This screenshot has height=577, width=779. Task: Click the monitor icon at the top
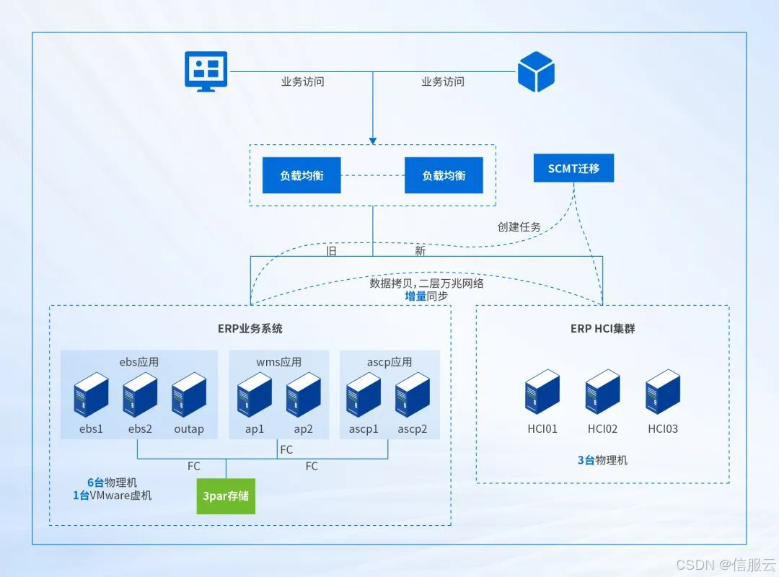(206, 71)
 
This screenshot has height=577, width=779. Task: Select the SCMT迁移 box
(573, 168)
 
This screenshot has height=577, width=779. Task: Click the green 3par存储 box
(226, 495)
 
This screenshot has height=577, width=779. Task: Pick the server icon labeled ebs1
(91, 395)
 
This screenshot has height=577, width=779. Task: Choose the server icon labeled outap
(189, 395)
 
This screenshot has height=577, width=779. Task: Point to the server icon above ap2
(304, 395)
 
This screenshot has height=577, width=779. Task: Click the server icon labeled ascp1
(364, 395)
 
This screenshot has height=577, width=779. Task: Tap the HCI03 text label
(663, 429)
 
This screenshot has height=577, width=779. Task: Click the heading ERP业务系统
(250, 329)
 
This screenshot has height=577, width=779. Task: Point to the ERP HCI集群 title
(602, 329)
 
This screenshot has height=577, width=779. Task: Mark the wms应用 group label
(278, 362)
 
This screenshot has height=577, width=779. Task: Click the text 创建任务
(519, 226)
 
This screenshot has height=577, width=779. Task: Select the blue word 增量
(415, 296)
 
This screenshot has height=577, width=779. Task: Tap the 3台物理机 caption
(602, 459)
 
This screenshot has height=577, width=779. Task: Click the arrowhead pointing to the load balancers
(373, 139)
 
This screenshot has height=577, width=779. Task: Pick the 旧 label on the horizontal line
(332, 251)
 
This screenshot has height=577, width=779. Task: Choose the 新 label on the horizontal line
(420, 251)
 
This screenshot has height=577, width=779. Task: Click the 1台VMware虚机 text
(113, 495)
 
